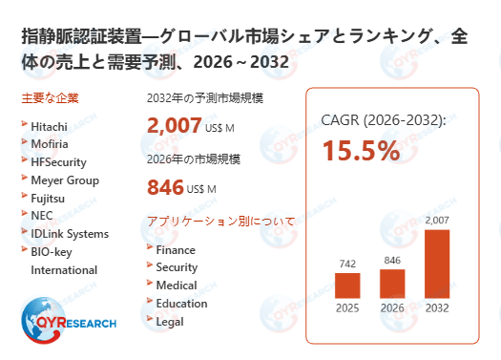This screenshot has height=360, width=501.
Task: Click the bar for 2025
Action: click(x=347, y=285)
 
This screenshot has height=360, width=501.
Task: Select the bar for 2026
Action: click(x=392, y=283)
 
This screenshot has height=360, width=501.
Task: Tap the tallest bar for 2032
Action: click(x=436, y=264)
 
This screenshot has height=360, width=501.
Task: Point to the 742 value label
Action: click(x=347, y=263)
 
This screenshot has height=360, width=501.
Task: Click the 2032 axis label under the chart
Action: click(x=436, y=307)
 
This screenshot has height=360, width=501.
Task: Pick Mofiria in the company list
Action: click(x=50, y=143)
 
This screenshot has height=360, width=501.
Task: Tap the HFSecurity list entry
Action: click(x=58, y=161)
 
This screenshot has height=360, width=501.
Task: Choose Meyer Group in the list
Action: click(x=64, y=180)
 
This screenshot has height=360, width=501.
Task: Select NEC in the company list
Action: click(x=42, y=216)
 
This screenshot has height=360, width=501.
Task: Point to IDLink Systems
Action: click(x=69, y=234)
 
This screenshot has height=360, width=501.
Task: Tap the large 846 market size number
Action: click(x=165, y=187)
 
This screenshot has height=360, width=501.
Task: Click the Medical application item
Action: click(x=177, y=286)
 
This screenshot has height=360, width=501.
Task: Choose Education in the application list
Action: click(x=181, y=304)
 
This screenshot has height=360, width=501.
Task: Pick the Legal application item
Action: click(x=170, y=322)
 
